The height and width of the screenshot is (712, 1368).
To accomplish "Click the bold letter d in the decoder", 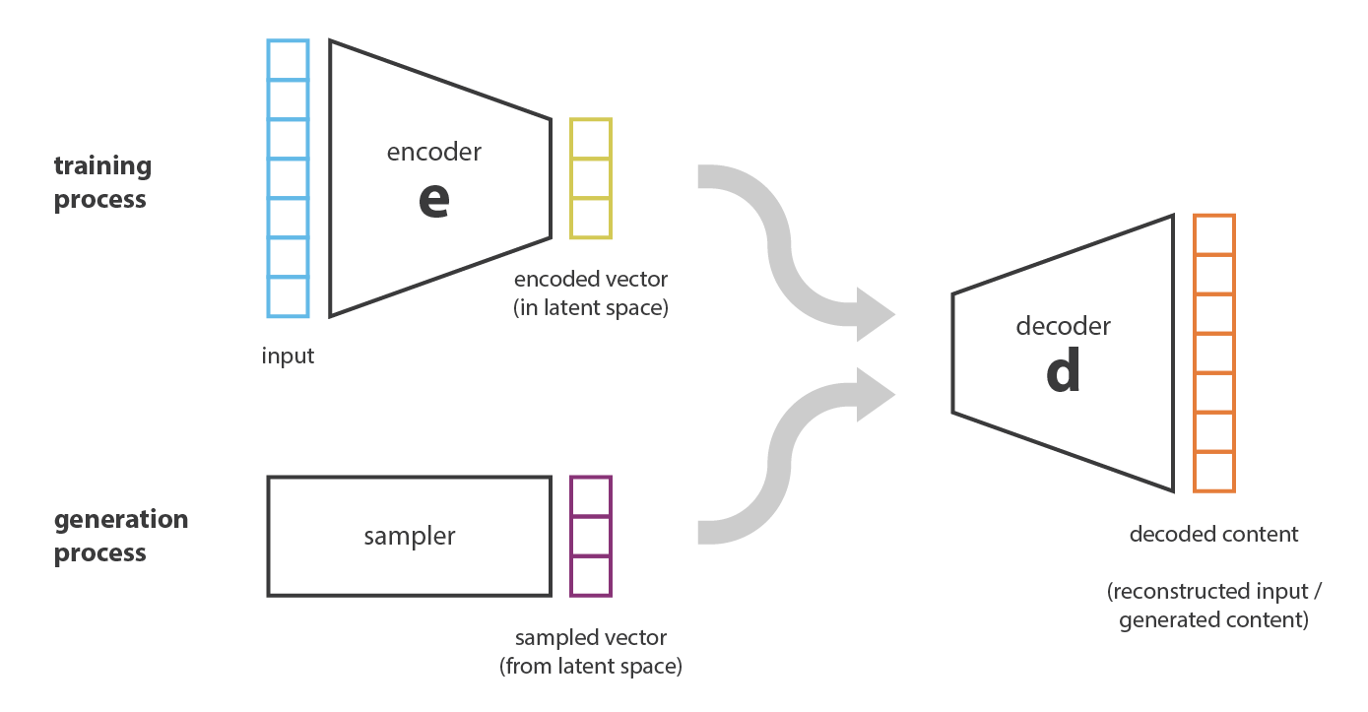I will [1063, 371].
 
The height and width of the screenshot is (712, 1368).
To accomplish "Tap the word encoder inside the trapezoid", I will [434, 152].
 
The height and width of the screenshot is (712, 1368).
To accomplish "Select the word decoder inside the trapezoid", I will [1063, 326].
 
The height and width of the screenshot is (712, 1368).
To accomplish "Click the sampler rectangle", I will [409, 536].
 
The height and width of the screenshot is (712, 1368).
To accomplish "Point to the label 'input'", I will [288, 356].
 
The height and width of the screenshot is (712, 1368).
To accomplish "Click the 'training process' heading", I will [101, 182].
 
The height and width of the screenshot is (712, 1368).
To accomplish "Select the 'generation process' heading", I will [120, 536].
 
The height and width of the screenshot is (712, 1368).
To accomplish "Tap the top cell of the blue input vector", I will [288, 60].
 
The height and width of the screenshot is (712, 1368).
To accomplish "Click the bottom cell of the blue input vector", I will [288, 296].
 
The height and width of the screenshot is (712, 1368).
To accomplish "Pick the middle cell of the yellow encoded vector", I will [590, 178].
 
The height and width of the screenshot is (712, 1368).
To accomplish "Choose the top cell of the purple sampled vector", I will [590, 497].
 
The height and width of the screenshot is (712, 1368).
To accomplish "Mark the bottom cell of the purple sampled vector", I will [590, 575].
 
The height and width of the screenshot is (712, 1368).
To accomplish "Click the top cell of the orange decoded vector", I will [1213, 234].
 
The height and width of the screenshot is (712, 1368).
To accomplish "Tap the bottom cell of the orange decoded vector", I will [1213, 471].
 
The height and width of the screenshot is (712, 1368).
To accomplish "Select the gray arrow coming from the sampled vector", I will [788, 453].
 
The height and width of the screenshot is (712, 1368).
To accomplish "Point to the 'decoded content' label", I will [1213, 535].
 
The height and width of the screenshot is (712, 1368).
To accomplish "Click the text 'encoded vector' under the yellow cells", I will [590, 279].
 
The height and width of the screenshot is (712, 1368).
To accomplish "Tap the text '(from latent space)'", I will [590, 666].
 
